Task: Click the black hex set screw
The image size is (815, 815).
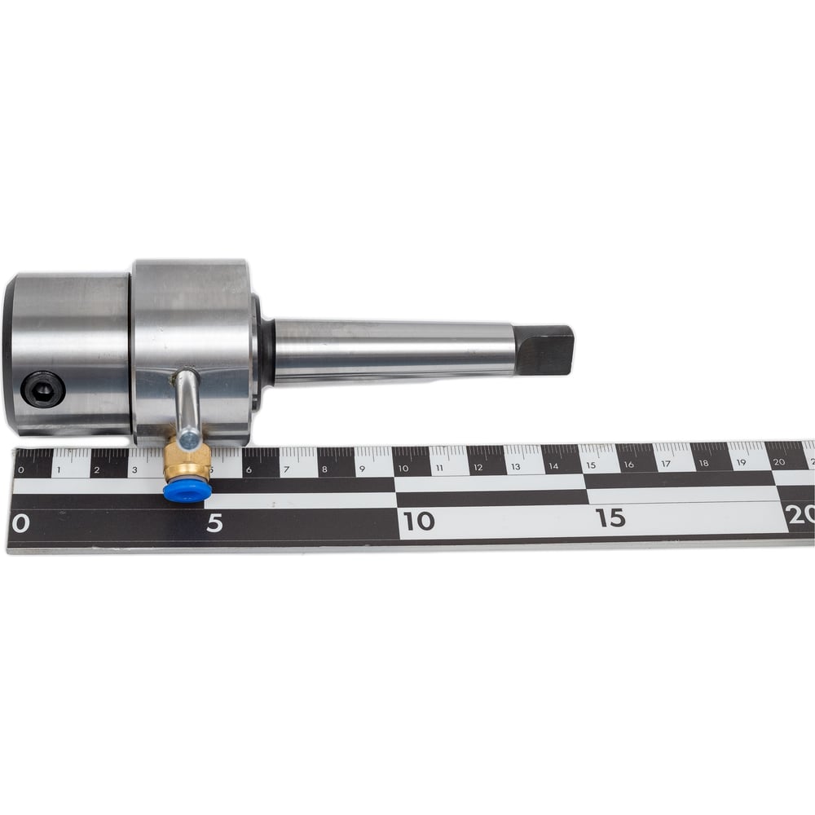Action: (x=42, y=388)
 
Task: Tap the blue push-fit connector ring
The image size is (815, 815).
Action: (x=183, y=491)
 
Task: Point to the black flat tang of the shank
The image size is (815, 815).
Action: (x=544, y=350)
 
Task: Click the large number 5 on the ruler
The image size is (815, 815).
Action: (x=214, y=523)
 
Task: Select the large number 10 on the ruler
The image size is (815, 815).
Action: (x=418, y=521)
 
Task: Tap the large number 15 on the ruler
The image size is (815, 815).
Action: (x=610, y=518)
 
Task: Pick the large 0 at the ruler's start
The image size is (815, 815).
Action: (x=20, y=524)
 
